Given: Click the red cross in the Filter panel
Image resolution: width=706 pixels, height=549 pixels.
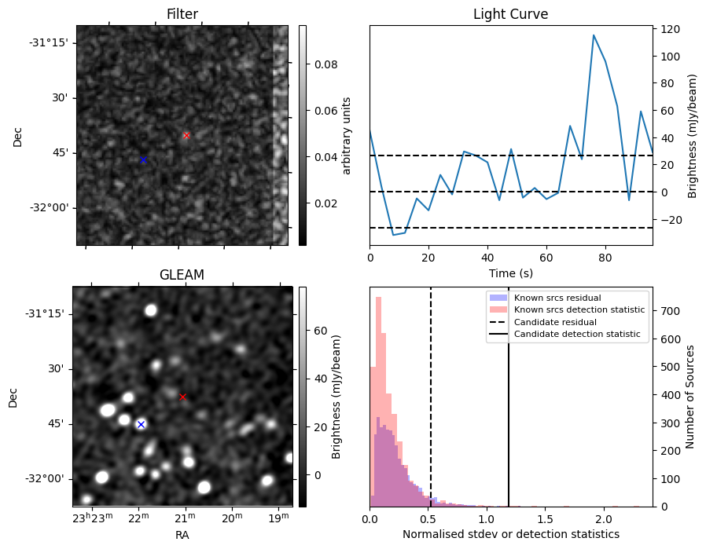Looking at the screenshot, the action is [186, 135].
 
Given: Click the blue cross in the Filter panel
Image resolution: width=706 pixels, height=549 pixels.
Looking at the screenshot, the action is [143, 159].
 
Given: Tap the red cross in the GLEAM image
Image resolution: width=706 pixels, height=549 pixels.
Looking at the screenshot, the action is [182, 397].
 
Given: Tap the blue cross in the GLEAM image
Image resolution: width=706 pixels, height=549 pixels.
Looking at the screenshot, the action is [141, 424].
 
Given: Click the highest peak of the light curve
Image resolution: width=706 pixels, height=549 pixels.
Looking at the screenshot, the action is [594, 35].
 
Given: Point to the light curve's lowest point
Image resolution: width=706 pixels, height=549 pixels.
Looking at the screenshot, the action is [393, 235].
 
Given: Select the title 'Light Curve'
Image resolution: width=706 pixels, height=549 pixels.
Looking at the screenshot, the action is [510, 14].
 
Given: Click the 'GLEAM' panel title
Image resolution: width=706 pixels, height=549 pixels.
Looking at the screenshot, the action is [182, 275].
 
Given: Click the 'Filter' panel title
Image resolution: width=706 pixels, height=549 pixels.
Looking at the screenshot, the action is [182, 14].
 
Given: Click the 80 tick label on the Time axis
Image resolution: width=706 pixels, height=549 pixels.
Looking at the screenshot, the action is [605, 258].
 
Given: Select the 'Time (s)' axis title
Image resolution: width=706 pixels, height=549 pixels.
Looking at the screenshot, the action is [510, 273].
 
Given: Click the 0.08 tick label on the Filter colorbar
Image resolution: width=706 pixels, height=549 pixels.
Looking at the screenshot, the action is [325, 64].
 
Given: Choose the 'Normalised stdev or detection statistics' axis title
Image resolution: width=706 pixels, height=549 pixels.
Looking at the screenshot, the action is [510, 534].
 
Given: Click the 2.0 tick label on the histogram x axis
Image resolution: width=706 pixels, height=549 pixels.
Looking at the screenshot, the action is [603, 519].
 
